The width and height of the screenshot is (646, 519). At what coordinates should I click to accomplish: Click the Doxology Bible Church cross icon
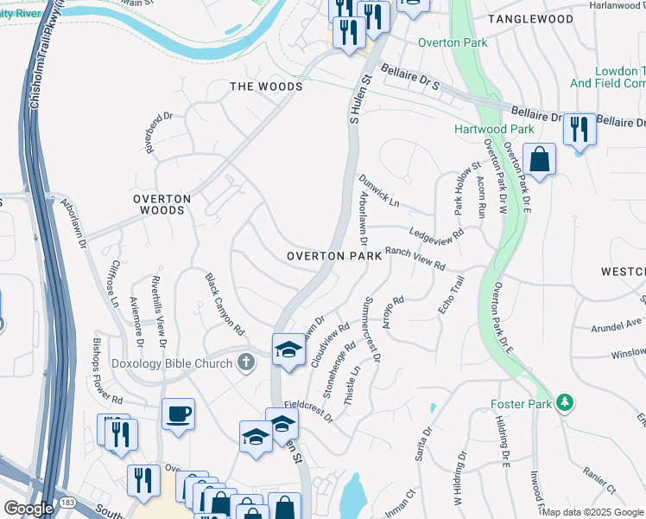[x=246, y=362]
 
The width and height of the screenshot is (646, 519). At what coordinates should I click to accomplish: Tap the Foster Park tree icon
[x=565, y=403]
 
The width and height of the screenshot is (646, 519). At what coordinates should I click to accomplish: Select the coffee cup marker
[x=178, y=413]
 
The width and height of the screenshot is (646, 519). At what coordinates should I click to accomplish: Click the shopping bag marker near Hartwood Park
[x=539, y=159]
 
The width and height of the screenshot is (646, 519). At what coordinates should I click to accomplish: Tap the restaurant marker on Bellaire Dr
[x=579, y=129]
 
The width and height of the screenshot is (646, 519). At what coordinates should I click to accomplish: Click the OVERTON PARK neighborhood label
[x=334, y=257]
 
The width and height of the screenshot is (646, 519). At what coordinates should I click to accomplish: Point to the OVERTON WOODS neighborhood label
[x=159, y=204]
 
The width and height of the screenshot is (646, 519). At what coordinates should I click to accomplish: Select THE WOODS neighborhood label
[x=265, y=86]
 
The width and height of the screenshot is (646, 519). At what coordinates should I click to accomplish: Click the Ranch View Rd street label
[x=415, y=257]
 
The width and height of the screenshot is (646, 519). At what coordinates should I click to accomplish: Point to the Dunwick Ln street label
[x=379, y=192]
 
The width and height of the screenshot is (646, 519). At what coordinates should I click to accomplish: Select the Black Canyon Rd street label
[x=225, y=304]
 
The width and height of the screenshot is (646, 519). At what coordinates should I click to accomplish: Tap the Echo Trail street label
[x=451, y=295]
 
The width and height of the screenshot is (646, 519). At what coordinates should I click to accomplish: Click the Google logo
[x=28, y=508]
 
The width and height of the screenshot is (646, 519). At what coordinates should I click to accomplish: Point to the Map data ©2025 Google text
[x=592, y=512]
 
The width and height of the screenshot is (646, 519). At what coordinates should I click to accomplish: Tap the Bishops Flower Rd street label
[x=107, y=373]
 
